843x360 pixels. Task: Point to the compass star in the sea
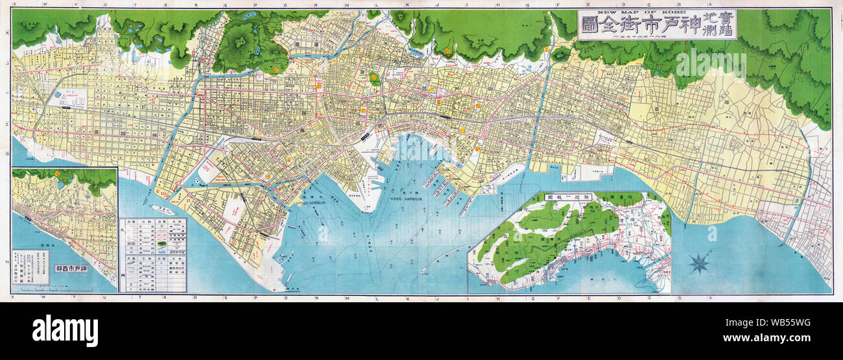(x=699, y=263)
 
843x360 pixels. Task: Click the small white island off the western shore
(x=163, y=210)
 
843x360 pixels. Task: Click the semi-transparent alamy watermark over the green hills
(x=711, y=64)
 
